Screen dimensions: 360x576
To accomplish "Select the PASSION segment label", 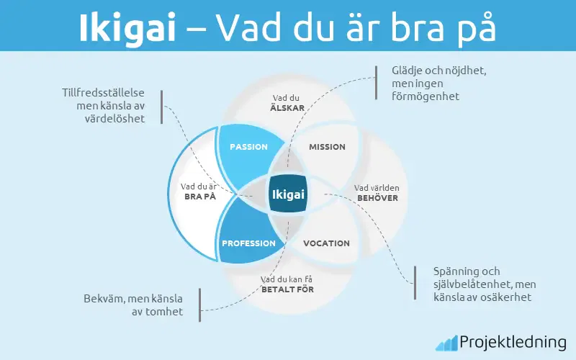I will (x=248, y=147).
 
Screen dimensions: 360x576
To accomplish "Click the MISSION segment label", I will (x=327, y=147).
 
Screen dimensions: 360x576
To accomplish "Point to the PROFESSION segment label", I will (x=248, y=243).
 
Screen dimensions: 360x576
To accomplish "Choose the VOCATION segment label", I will (x=326, y=243).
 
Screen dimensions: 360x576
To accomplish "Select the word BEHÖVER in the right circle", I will (x=377, y=198).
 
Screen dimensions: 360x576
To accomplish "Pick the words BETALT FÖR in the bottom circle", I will (x=287, y=289).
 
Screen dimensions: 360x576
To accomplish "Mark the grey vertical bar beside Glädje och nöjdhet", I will (x=376, y=83).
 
